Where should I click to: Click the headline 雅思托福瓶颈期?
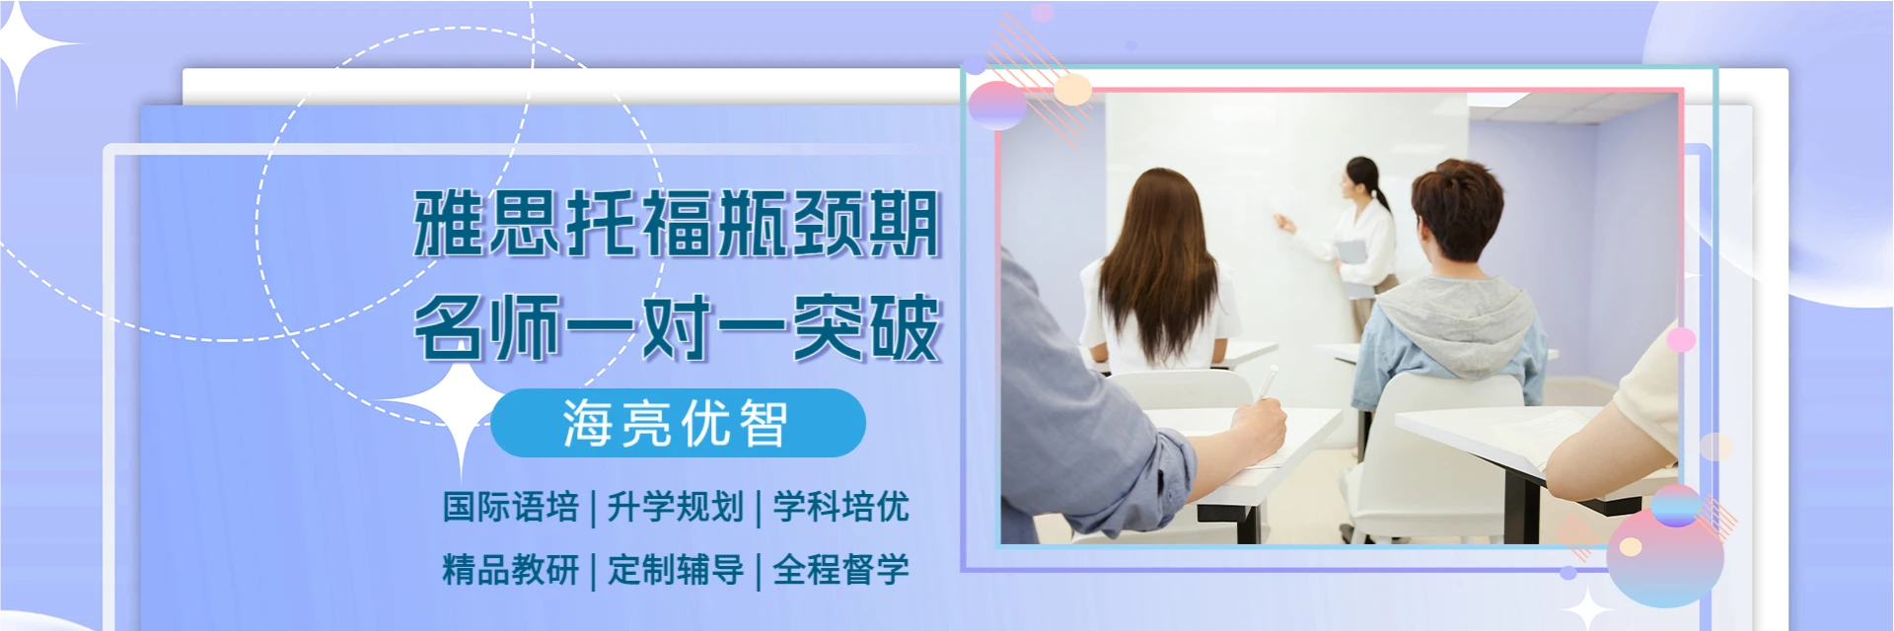click(x=676, y=224)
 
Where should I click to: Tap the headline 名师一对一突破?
click(x=677, y=328)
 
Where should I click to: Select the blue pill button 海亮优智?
click(x=678, y=423)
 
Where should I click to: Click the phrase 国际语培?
click(x=510, y=507)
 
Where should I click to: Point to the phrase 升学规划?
click(x=676, y=507)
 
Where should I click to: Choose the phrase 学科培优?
click(x=840, y=507)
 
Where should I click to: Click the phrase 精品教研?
click(x=510, y=570)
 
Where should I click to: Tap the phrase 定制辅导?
click(x=676, y=570)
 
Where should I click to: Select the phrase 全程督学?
click(x=840, y=570)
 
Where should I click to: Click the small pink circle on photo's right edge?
click(x=1681, y=340)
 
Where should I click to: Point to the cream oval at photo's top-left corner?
click(x=1073, y=90)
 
